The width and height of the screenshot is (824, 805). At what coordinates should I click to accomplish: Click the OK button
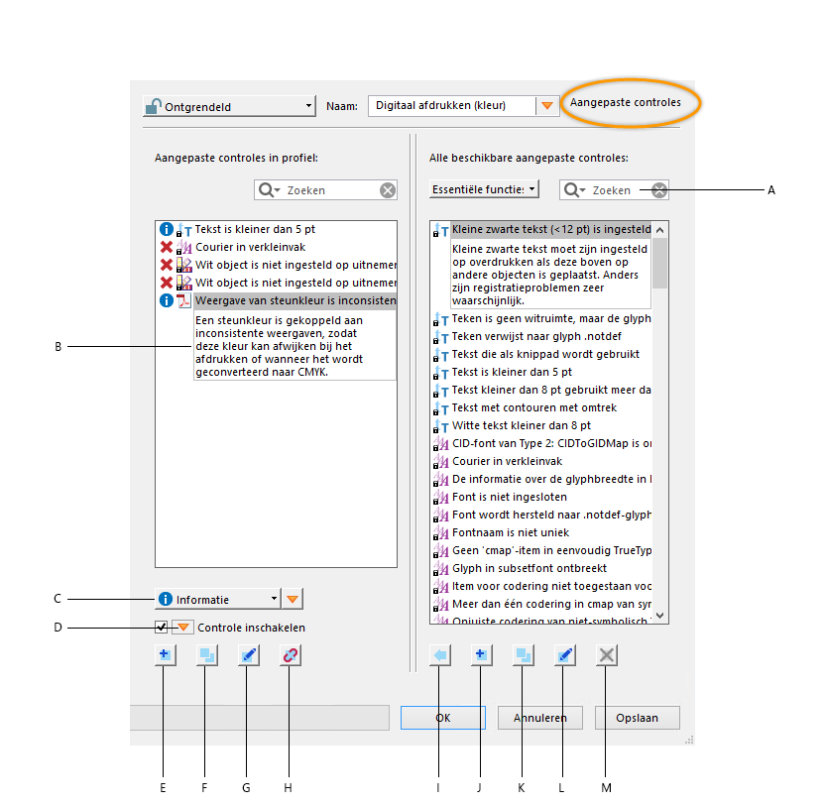pos(442,718)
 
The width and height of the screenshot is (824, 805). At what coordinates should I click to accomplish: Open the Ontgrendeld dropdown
pos(228,106)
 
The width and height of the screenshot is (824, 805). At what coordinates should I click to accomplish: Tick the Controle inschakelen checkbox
pos(161,627)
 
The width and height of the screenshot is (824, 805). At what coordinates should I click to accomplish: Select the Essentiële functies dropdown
pos(484,188)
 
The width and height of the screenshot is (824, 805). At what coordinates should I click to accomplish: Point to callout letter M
pos(607,787)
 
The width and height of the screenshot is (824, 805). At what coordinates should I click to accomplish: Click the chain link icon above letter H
pos(290,655)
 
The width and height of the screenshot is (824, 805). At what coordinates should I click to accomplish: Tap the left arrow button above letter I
pos(439,655)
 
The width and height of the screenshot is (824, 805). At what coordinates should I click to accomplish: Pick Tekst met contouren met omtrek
pos(533,407)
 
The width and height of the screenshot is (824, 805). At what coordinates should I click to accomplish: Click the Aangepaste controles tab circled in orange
pos(626,102)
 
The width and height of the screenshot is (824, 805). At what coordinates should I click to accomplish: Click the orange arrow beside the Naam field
pos(547,106)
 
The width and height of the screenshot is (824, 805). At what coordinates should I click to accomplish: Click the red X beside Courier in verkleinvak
pos(167,247)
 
